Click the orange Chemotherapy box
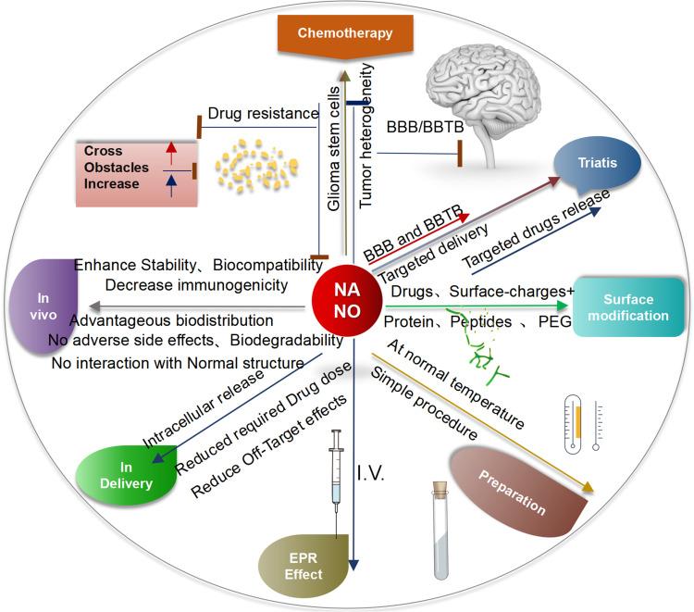pos(344,34)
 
